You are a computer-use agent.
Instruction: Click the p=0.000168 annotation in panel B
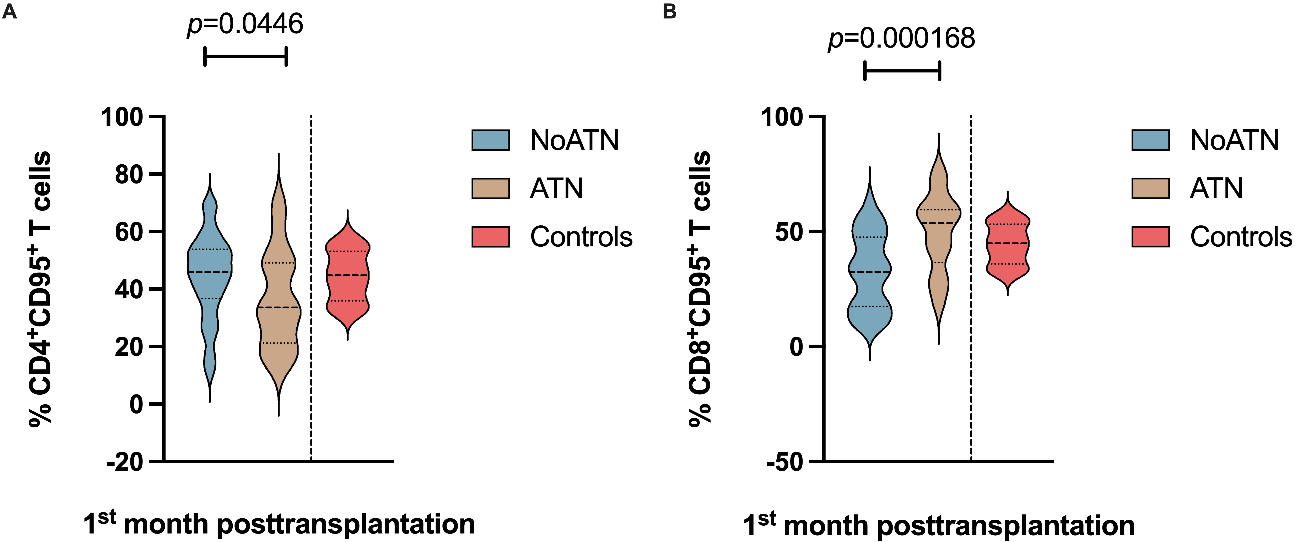click(x=901, y=38)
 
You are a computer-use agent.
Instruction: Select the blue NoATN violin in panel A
click(x=210, y=271)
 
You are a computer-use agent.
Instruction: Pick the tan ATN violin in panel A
click(x=279, y=301)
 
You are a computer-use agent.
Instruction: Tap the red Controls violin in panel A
click(x=347, y=275)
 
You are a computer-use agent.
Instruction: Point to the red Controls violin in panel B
click(x=1008, y=244)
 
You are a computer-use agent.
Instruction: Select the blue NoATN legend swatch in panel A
click(x=491, y=140)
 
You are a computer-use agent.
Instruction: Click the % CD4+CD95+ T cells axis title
click(x=40, y=289)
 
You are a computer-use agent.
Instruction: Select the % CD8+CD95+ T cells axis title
click(x=700, y=289)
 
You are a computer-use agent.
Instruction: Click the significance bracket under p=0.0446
click(x=245, y=56)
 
